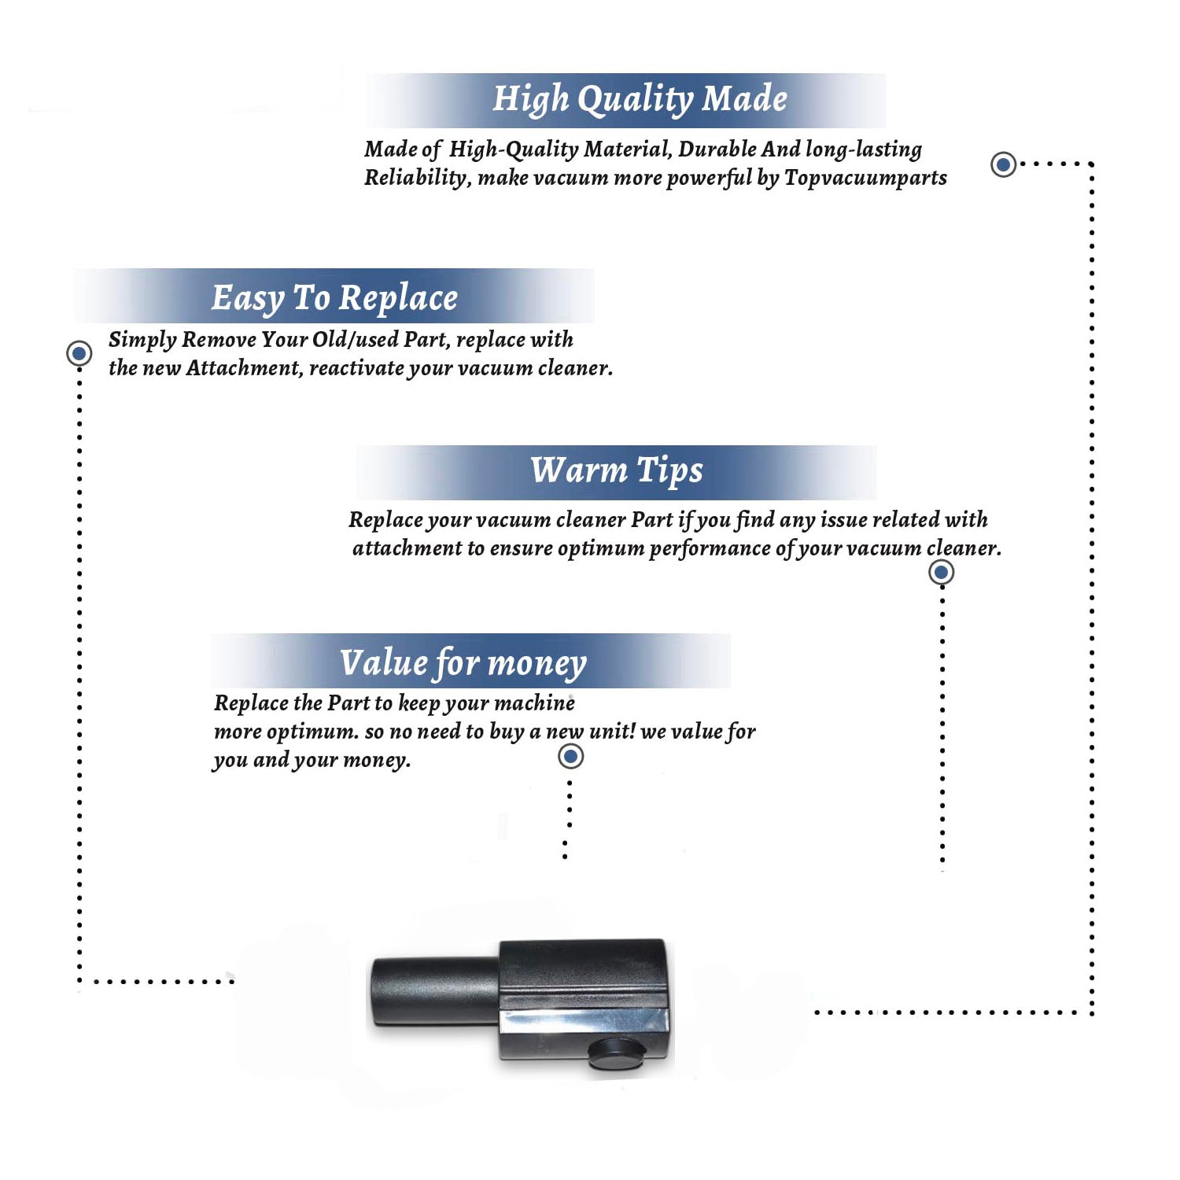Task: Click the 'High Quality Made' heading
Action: (640, 100)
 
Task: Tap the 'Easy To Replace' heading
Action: (334, 299)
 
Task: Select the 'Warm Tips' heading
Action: (617, 471)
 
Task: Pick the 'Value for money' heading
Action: (463, 663)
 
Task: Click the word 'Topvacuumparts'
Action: (865, 179)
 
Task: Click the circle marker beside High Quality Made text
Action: (1003, 164)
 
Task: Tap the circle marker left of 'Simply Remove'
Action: (79, 353)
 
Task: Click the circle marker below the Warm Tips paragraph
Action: (942, 572)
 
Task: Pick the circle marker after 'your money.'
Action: (570, 756)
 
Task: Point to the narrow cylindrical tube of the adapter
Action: (435, 992)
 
